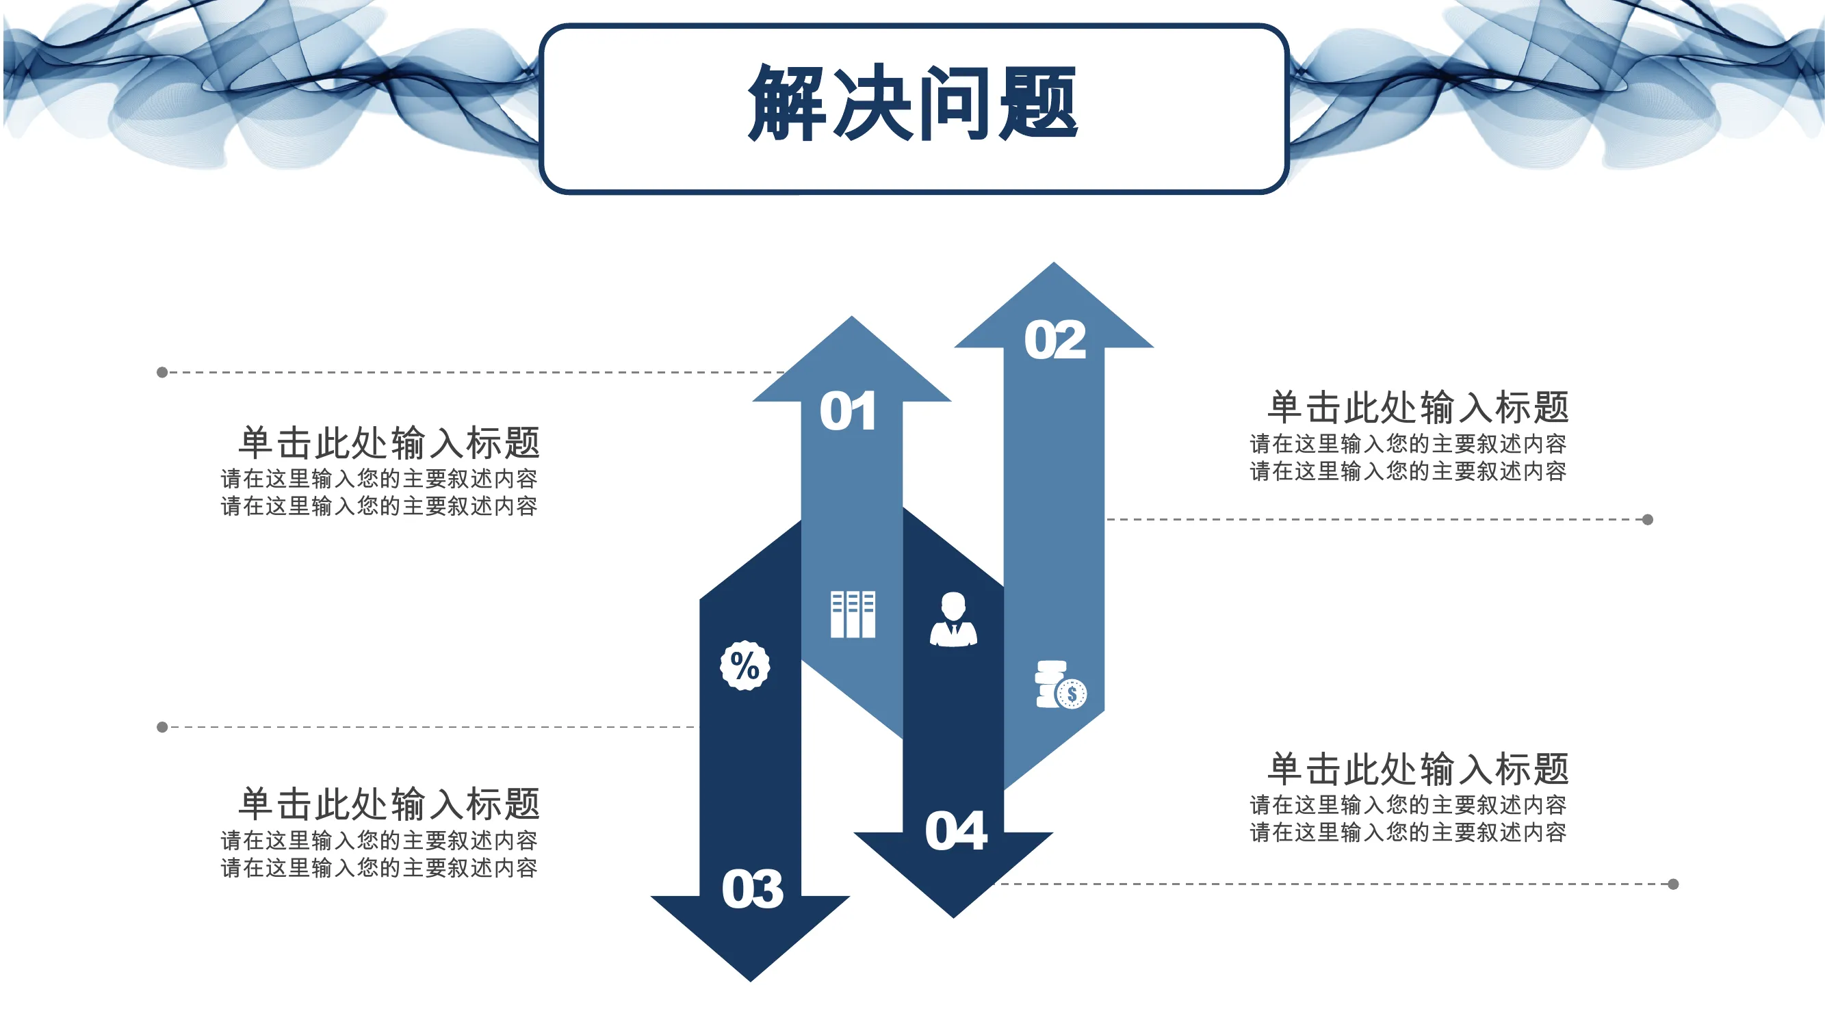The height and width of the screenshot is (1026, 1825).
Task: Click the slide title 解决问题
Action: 913,103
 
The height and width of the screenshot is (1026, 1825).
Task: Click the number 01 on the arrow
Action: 848,411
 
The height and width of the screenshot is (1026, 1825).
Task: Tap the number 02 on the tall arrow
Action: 1055,340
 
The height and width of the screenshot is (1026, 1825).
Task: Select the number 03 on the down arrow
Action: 753,889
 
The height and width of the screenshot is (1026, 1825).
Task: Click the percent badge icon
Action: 745,666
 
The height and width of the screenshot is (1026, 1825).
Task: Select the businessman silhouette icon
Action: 954,620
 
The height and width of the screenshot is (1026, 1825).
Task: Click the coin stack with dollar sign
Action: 1061,685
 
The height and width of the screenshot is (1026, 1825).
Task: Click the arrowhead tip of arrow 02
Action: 1054,263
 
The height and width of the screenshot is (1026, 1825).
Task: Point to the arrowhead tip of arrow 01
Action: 851,317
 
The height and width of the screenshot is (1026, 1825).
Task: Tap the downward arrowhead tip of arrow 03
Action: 750,982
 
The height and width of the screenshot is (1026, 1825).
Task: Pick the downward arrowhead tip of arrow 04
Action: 954,918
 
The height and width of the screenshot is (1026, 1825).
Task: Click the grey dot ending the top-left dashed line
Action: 162,373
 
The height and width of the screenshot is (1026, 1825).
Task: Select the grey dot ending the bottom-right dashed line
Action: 1673,884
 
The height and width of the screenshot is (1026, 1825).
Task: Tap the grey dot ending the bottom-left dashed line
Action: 162,727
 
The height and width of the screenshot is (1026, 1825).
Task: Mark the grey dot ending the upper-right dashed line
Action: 1648,520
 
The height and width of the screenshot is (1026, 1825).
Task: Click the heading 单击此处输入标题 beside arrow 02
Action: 1418,407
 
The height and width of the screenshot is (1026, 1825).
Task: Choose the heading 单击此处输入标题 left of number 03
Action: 389,804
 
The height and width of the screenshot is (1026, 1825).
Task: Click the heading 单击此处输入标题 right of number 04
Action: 1418,769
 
